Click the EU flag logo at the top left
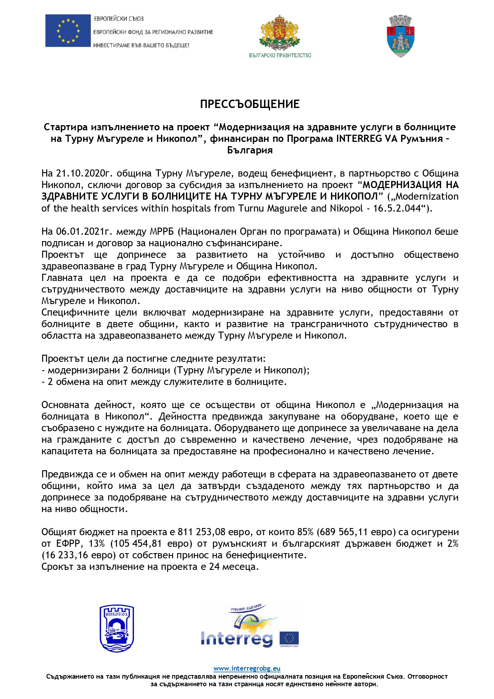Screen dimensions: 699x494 [x=68, y=31]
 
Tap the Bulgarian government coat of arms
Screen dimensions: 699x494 [x=280, y=33]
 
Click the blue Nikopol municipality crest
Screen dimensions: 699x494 [x=116, y=628]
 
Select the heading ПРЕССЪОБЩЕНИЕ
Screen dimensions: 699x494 [x=249, y=104]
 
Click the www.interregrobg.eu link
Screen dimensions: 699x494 [x=247, y=668]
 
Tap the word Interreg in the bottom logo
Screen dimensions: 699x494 [x=237, y=638]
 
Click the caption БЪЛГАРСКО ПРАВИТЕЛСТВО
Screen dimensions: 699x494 [x=280, y=55]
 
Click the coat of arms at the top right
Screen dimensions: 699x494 [x=401, y=36]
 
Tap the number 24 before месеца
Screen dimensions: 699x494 [x=214, y=567]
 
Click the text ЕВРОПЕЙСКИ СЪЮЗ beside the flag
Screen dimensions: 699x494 [x=119, y=19]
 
